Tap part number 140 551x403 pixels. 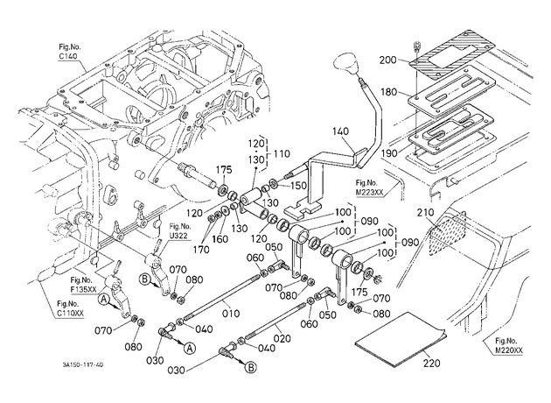coord(340,131)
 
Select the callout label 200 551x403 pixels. coord(387,60)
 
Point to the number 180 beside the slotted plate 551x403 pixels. coord(388,92)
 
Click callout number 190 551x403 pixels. coord(389,153)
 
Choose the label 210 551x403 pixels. coord(426,213)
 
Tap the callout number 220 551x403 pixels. coord(431,362)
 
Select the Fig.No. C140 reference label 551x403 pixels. coord(70,52)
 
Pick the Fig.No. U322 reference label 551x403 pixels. coord(180,231)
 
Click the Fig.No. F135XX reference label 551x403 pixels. coord(83,285)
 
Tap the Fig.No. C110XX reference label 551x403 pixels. coord(71,308)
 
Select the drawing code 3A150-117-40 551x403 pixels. coord(83,365)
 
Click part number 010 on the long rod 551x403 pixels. coord(231,313)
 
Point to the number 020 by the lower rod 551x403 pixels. coord(282,338)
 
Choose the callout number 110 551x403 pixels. coord(282,154)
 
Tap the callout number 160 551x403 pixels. coord(220,239)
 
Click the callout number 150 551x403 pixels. coord(299,186)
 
